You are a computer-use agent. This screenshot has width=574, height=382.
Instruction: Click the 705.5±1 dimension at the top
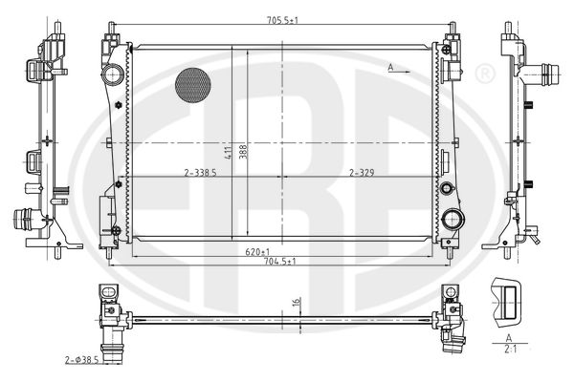pyautogui.click(x=282, y=20)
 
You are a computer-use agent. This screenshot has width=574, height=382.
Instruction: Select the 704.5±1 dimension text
pyautogui.click(x=280, y=262)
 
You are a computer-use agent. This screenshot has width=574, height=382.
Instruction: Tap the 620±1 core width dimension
pyautogui.click(x=257, y=252)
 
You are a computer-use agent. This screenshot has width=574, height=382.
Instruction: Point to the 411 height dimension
pyautogui.click(x=228, y=153)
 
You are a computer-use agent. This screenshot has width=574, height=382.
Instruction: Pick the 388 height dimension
pyautogui.click(x=243, y=152)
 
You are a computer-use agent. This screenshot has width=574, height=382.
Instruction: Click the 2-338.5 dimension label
pyautogui.click(x=200, y=173)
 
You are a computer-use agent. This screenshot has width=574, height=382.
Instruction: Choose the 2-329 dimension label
pyautogui.click(x=362, y=173)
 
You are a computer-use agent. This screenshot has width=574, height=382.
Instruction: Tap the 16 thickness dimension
pyautogui.click(x=297, y=302)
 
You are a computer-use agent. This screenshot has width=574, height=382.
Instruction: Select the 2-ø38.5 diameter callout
pyautogui.click(x=82, y=360)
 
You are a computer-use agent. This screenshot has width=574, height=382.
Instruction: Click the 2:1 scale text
pyautogui.click(x=510, y=350)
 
